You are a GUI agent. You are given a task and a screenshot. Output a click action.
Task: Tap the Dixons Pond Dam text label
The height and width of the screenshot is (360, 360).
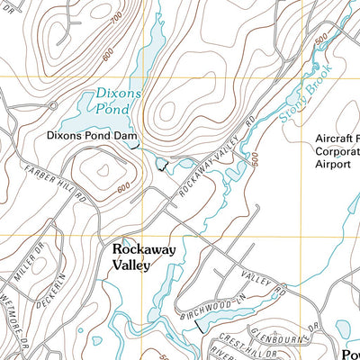(87, 136)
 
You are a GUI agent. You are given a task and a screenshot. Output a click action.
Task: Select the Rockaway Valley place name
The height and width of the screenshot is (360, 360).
(143, 256)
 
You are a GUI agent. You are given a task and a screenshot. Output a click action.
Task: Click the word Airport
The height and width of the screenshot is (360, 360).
(331, 166)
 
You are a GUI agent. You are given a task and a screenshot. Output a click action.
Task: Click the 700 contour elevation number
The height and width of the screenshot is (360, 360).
(116, 18)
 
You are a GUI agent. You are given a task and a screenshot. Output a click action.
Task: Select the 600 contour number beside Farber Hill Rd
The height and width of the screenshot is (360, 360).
(123, 186)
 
